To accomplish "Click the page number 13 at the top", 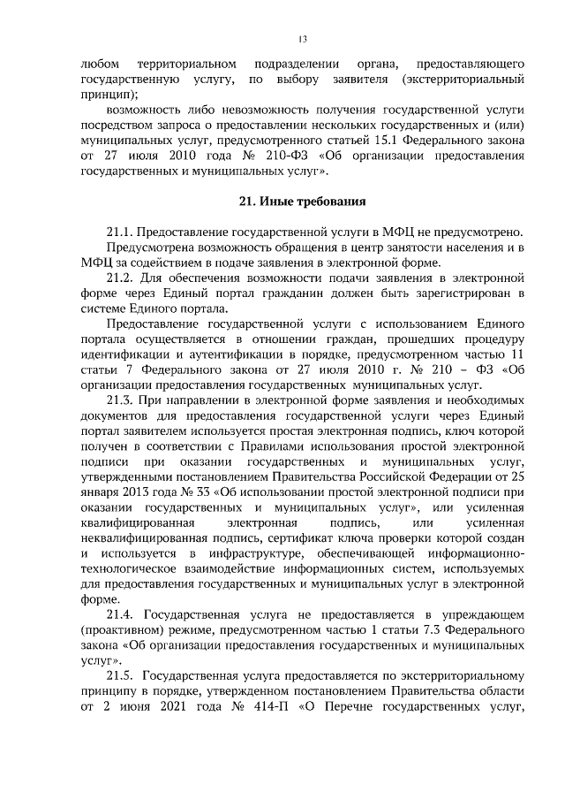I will pos(302,40).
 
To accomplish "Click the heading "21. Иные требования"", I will pos(302,202).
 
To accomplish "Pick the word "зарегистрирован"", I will pos(460,293).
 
